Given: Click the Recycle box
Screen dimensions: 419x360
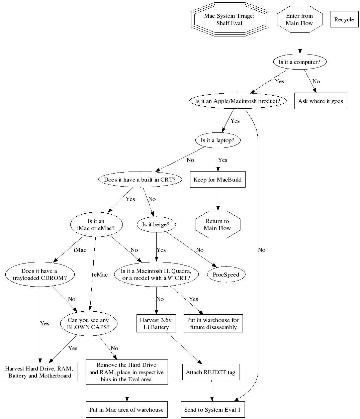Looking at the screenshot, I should click(344, 19).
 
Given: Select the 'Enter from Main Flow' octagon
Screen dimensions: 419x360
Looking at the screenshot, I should click(299, 19).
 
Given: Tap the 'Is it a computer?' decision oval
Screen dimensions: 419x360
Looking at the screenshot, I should click(299, 62).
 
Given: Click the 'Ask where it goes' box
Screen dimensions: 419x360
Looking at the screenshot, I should click(321, 101).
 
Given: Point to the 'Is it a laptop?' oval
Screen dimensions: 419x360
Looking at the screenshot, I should click(217, 140).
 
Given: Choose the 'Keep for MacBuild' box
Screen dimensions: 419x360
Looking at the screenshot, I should click(217, 180).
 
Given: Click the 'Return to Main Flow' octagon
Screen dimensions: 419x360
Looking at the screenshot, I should click(217, 224).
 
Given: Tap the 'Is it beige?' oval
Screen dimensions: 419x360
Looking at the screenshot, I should click(156, 224).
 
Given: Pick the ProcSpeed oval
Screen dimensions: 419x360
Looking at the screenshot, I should click(226, 275).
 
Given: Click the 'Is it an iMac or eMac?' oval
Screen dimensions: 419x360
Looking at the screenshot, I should click(96, 225).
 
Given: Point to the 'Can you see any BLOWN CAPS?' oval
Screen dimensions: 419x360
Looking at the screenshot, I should click(88, 324).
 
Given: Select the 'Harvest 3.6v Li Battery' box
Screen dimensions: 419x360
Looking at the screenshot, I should click(156, 324).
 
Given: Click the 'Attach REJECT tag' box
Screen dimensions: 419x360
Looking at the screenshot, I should click(211, 372).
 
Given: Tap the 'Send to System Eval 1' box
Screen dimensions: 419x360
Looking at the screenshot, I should click(212, 410).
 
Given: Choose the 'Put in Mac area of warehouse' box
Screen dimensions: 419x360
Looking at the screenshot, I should click(126, 410).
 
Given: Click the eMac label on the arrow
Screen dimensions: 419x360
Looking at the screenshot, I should click(101, 275).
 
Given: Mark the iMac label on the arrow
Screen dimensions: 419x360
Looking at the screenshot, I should click(80, 250).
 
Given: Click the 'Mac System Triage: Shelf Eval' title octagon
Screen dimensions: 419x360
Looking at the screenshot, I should click(229, 19).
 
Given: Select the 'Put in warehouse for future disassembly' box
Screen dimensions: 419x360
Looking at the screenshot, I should click(213, 324).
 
